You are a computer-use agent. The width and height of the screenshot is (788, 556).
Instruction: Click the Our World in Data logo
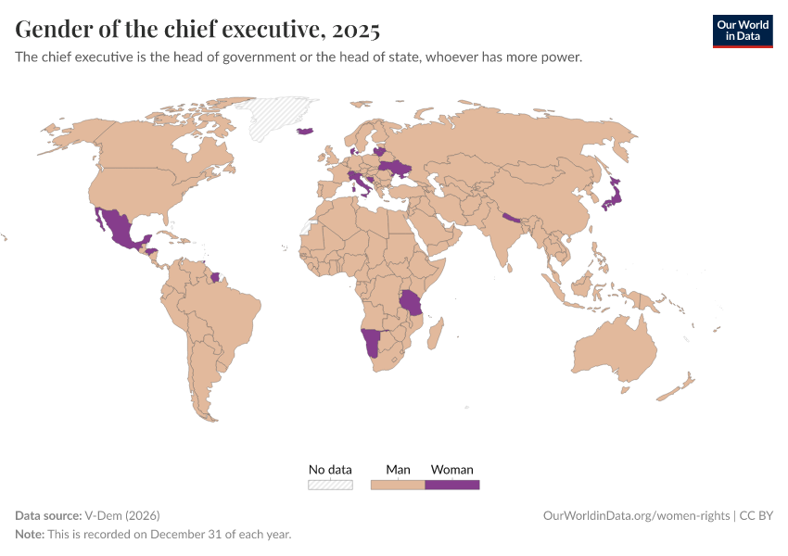click(x=742, y=31)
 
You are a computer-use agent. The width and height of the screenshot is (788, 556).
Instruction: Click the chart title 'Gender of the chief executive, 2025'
click(x=197, y=30)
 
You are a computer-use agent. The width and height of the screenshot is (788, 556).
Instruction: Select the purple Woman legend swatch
click(x=451, y=484)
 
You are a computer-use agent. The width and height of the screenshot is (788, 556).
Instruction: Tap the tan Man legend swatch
click(x=398, y=484)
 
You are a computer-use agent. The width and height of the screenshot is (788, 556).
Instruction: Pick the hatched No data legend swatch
click(x=330, y=484)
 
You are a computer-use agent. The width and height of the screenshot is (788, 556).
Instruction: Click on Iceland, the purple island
click(x=306, y=131)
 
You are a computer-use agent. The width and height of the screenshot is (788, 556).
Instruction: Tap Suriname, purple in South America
click(x=216, y=277)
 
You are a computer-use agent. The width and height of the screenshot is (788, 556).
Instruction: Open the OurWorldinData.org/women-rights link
click(x=635, y=515)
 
